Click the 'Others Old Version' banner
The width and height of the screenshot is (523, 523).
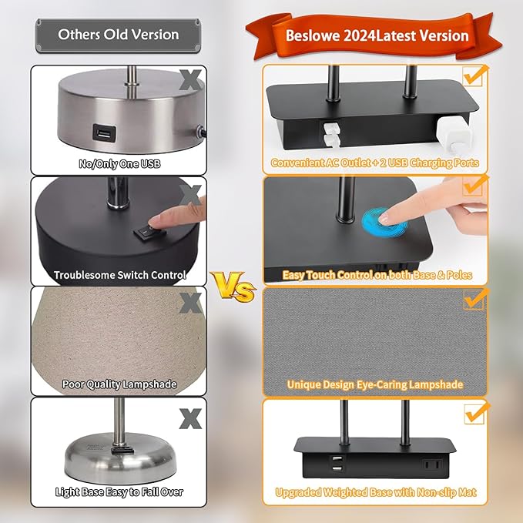[118, 35]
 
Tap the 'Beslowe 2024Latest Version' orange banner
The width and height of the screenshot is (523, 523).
[376, 35]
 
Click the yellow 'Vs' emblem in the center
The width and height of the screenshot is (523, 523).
[234, 289]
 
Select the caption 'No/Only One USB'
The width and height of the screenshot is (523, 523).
[119, 163]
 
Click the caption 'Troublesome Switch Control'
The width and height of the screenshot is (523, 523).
[119, 274]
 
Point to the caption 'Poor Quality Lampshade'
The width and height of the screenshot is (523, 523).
[119, 384]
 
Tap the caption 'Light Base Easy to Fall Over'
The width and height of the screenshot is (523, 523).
[119, 491]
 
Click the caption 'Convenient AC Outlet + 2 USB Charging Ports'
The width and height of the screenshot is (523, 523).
[374, 163]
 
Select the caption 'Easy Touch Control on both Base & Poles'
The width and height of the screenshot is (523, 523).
[376, 274]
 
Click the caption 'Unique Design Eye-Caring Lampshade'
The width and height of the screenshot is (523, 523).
[375, 384]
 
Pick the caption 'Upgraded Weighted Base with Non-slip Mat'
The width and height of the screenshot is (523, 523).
[375, 491]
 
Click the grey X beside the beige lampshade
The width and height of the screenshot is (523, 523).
[189, 303]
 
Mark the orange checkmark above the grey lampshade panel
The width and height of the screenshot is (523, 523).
[474, 297]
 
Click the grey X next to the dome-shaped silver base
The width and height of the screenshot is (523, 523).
[189, 418]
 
